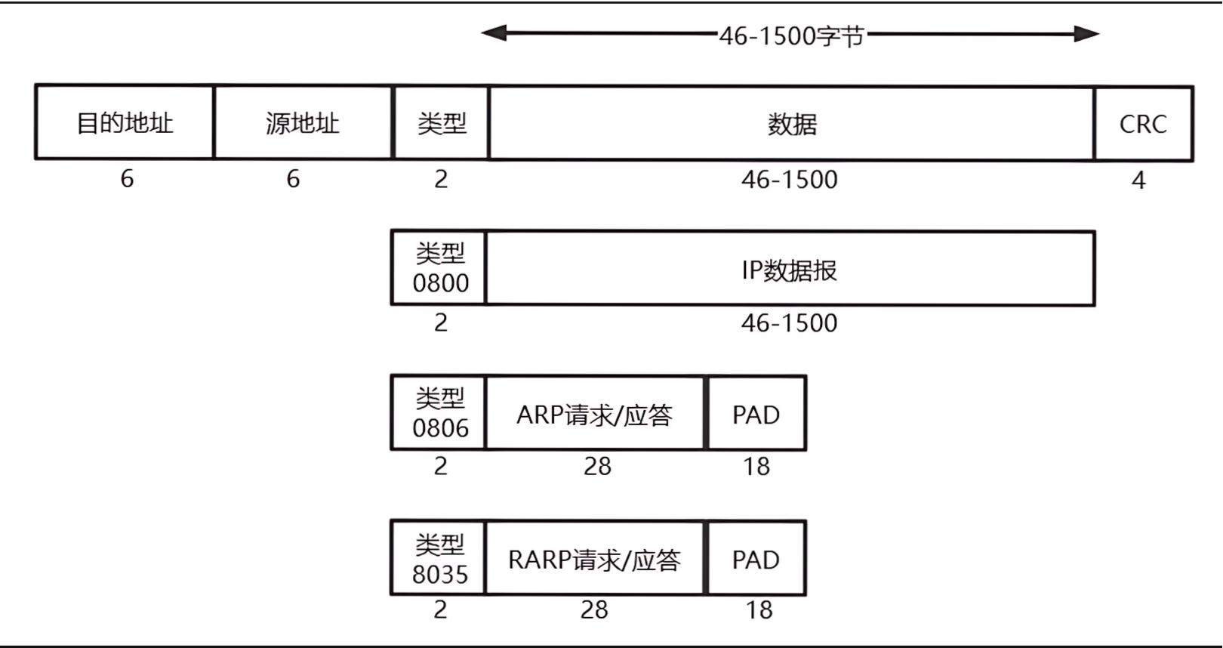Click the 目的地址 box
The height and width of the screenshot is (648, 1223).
[x=125, y=122]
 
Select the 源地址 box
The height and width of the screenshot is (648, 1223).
[x=303, y=122]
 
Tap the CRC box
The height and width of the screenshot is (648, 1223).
[x=1143, y=124]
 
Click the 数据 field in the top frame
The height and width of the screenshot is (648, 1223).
[x=791, y=124]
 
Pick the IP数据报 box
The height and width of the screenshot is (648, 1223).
[x=790, y=269]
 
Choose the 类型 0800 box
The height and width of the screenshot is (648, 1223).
[x=439, y=269]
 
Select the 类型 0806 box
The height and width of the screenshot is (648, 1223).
[x=439, y=413]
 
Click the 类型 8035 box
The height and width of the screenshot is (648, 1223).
[x=439, y=558]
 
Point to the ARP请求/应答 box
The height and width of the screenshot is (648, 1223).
[x=595, y=414]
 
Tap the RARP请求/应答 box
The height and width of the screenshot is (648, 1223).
[x=595, y=559]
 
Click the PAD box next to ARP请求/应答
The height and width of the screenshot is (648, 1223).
[x=756, y=414]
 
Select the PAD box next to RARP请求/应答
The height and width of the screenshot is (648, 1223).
[x=756, y=559]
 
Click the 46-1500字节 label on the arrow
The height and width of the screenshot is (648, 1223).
[x=791, y=35]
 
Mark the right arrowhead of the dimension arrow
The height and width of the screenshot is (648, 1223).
[x=1088, y=33]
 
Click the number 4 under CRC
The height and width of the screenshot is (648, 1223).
[x=1138, y=180]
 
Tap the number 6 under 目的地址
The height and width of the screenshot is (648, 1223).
[x=127, y=179]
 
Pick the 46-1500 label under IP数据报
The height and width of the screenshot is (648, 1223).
[x=789, y=323]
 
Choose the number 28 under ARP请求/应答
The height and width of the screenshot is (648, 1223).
[x=597, y=466]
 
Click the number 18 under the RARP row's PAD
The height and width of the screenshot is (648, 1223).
[x=759, y=609]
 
